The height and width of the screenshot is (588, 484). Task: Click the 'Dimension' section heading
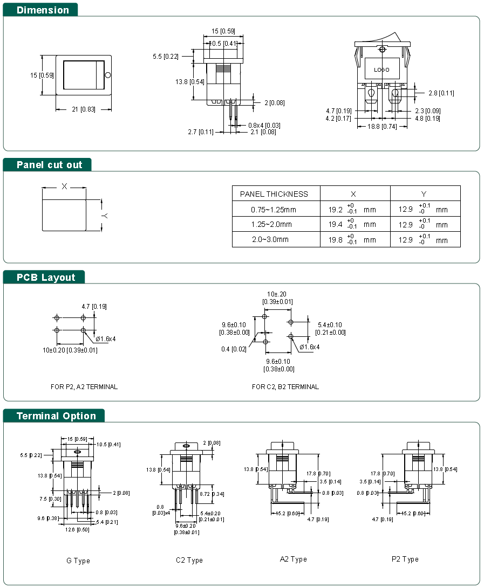coord(43,10)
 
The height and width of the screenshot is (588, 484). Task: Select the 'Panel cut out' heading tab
coord(49,164)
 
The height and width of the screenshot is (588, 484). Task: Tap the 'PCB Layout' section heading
coord(46,277)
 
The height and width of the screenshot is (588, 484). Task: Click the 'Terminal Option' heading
coord(56,416)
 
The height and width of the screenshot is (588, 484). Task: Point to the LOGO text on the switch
coord(381,70)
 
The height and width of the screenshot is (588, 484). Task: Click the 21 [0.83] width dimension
coord(83,109)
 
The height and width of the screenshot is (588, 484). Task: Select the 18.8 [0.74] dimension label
coord(382,126)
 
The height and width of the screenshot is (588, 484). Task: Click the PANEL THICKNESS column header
coord(274,194)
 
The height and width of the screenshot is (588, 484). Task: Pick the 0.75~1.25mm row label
coord(274,210)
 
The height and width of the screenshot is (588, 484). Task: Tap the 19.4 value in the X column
coord(335,224)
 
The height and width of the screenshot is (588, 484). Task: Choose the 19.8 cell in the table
coord(335,240)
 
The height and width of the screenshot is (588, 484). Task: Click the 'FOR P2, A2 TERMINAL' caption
coord(84,386)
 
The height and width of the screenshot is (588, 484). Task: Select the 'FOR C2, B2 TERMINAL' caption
coord(285,386)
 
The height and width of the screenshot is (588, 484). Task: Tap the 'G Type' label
coord(78,561)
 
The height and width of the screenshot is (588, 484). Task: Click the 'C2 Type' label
coord(189,561)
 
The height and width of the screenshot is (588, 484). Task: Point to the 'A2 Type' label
coord(293,559)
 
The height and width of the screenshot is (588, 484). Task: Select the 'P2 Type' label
coord(405,559)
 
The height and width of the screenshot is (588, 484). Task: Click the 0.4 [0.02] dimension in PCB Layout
coord(234,349)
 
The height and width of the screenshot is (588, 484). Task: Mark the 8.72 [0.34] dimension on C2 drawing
coord(212,494)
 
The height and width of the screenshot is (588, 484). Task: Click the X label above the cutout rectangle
coord(64,186)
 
